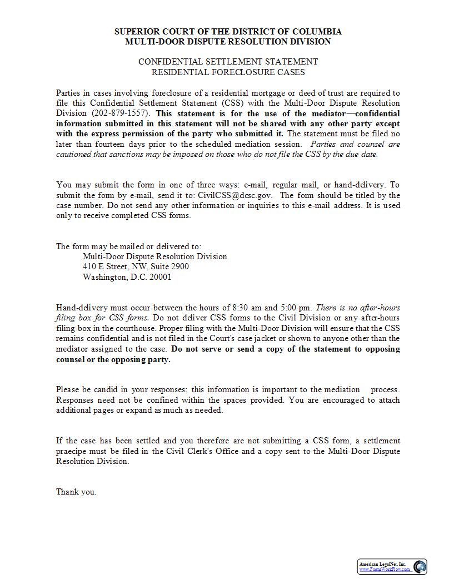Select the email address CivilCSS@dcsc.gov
pyautogui.click(x=235, y=195)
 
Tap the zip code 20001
pyautogui.click(x=161, y=277)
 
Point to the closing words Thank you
pyautogui.click(x=76, y=492)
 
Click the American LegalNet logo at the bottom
pyautogui.click(x=392, y=567)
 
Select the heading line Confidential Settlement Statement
pyautogui.click(x=228, y=62)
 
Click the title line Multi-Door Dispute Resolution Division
pyautogui.click(x=228, y=42)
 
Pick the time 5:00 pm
pyautogui.click(x=296, y=308)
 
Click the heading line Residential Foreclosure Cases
pyautogui.click(x=228, y=72)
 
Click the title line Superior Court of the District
pyautogui.click(x=228, y=32)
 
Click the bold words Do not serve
pyautogui.click(x=200, y=349)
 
